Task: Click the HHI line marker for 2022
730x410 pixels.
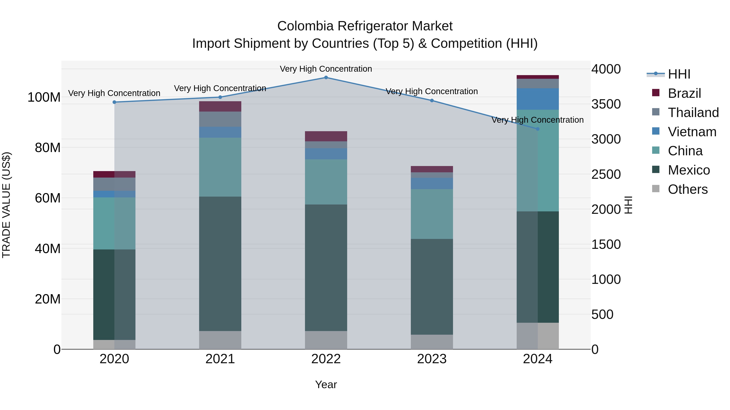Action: click(x=326, y=78)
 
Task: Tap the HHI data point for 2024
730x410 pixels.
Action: click(x=538, y=129)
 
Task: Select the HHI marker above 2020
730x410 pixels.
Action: click(x=115, y=102)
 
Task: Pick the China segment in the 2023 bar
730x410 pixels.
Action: click(x=432, y=214)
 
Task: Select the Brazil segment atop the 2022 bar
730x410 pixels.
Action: click(x=326, y=136)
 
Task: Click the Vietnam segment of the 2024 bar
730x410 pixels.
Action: click(x=538, y=99)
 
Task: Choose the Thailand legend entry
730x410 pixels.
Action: click(x=693, y=113)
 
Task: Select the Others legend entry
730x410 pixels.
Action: click(x=687, y=189)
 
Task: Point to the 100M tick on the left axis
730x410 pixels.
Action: click(x=44, y=97)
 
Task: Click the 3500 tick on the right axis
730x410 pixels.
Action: click(x=606, y=104)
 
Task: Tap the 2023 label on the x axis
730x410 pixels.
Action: click(x=432, y=359)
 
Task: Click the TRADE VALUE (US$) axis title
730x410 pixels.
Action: click(x=6, y=205)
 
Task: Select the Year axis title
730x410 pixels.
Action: click(x=326, y=384)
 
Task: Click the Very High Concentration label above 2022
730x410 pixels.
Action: click(x=326, y=69)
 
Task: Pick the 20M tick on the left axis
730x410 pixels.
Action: click(x=48, y=299)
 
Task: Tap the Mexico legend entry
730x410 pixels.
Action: click(x=689, y=170)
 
